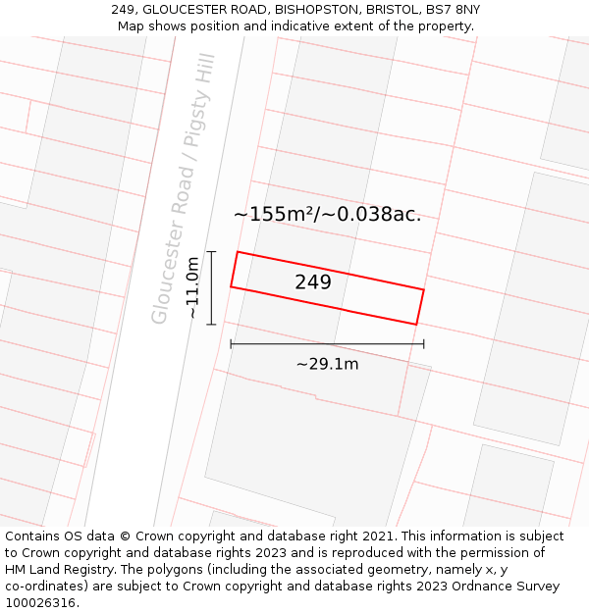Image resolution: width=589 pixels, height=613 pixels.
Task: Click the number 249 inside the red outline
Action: coord(313,282)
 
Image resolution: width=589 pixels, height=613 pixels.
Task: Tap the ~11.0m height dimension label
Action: coord(193,287)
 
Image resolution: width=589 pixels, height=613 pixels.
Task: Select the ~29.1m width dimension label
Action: coord(327,364)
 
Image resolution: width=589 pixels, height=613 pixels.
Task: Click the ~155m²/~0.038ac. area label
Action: coord(327,214)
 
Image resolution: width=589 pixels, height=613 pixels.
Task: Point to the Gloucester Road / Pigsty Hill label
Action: coord(183,188)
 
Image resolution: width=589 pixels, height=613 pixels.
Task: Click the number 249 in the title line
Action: coord(123,9)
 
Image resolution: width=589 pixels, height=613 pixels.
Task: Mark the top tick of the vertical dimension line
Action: coord(211,252)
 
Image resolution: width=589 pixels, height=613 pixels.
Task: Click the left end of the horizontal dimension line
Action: coord(231,344)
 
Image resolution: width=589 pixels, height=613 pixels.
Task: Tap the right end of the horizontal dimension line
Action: coord(424,344)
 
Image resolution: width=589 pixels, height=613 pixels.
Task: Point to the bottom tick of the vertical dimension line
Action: coord(211,324)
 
